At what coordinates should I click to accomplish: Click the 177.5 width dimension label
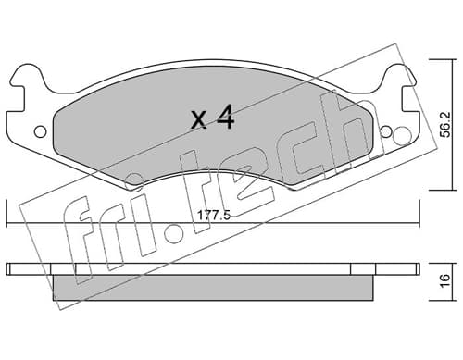214,215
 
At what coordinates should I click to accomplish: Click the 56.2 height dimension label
444,124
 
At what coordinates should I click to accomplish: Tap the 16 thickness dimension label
444,280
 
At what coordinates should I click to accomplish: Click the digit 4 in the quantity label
225,117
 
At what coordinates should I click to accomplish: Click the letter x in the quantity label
199,119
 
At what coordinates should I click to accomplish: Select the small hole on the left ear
40,132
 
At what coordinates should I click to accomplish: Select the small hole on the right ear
386,132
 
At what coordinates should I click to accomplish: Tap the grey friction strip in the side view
213,287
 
